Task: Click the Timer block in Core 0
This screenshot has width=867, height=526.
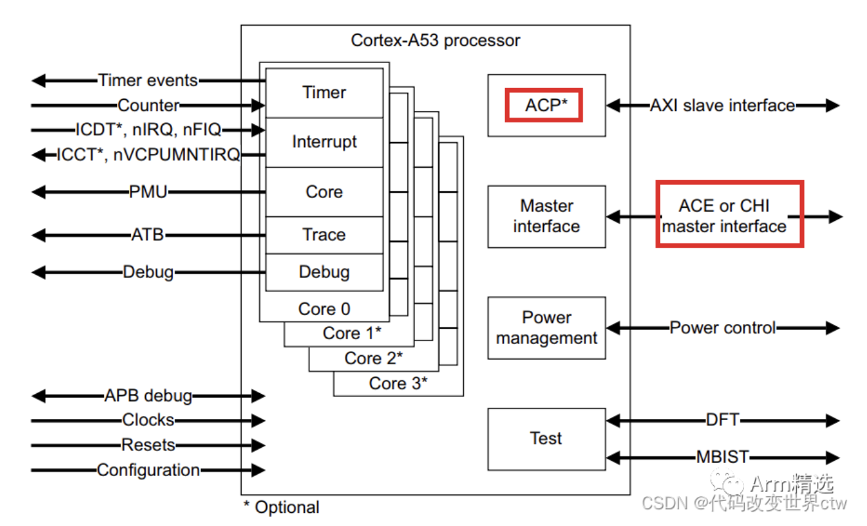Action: click(x=324, y=93)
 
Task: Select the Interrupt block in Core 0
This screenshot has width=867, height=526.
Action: click(x=324, y=142)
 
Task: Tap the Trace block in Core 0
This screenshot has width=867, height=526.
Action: click(x=324, y=235)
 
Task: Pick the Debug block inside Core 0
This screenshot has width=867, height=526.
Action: click(x=324, y=272)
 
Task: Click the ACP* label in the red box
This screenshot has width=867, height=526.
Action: click(x=543, y=105)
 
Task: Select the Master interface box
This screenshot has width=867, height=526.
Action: click(x=546, y=216)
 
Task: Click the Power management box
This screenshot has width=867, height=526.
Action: click(x=546, y=327)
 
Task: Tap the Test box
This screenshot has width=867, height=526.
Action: click(x=546, y=439)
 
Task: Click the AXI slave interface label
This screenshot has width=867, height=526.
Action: click(x=722, y=105)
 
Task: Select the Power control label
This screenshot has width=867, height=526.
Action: click(x=722, y=327)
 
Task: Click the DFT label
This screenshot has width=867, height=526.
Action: click(x=722, y=420)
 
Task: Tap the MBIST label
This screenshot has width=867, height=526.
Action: click(x=722, y=457)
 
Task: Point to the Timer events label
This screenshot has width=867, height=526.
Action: click(x=148, y=80)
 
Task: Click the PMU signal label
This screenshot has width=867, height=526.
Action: click(x=148, y=192)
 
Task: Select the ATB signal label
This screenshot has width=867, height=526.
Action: click(x=148, y=234)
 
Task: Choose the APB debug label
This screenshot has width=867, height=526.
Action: click(x=148, y=396)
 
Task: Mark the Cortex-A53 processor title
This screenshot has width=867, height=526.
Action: click(x=435, y=40)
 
